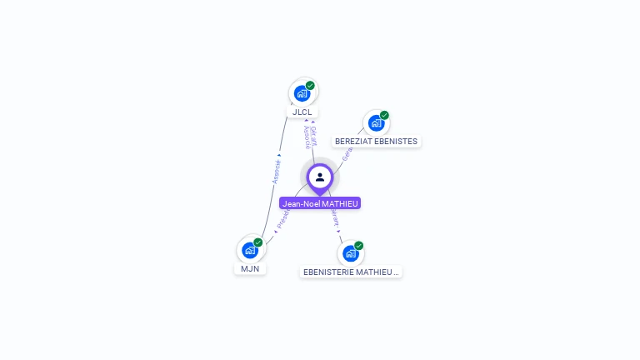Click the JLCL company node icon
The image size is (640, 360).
click(302, 92)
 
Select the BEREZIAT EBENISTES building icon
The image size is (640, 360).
click(376, 122)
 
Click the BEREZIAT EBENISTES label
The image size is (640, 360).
click(376, 142)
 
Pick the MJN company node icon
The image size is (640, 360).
click(249, 249)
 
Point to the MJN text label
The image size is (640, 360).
click(250, 268)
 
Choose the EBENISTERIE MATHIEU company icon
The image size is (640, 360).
click(350, 252)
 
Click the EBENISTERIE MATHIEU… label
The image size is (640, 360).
click(351, 272)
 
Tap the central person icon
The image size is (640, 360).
click(320, 177)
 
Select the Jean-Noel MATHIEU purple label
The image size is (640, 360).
click(320, 203)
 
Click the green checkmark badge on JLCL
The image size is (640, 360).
click(310, 85)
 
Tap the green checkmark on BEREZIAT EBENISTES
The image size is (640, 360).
click(384, 115)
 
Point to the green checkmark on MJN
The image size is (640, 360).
click(257, 242)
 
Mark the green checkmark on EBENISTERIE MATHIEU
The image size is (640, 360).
click(358, 245)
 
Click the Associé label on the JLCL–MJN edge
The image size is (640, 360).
click(277, 170)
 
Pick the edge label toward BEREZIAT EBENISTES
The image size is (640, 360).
click(347, 153)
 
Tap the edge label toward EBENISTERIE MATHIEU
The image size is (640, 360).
click(334, 219)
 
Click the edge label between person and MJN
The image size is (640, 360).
click(282, 219)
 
